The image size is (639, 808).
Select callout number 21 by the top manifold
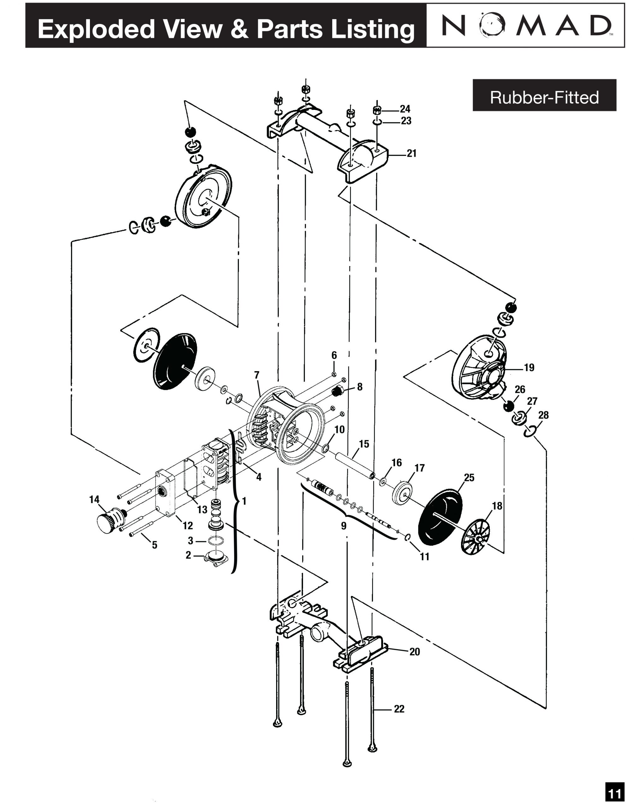tap(411, 153)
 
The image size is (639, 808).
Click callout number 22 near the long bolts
tap(399, 709)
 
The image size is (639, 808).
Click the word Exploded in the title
tap(96, 29)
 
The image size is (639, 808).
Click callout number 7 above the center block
tap(257, 375)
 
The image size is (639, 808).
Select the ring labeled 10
tap(325, 448)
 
